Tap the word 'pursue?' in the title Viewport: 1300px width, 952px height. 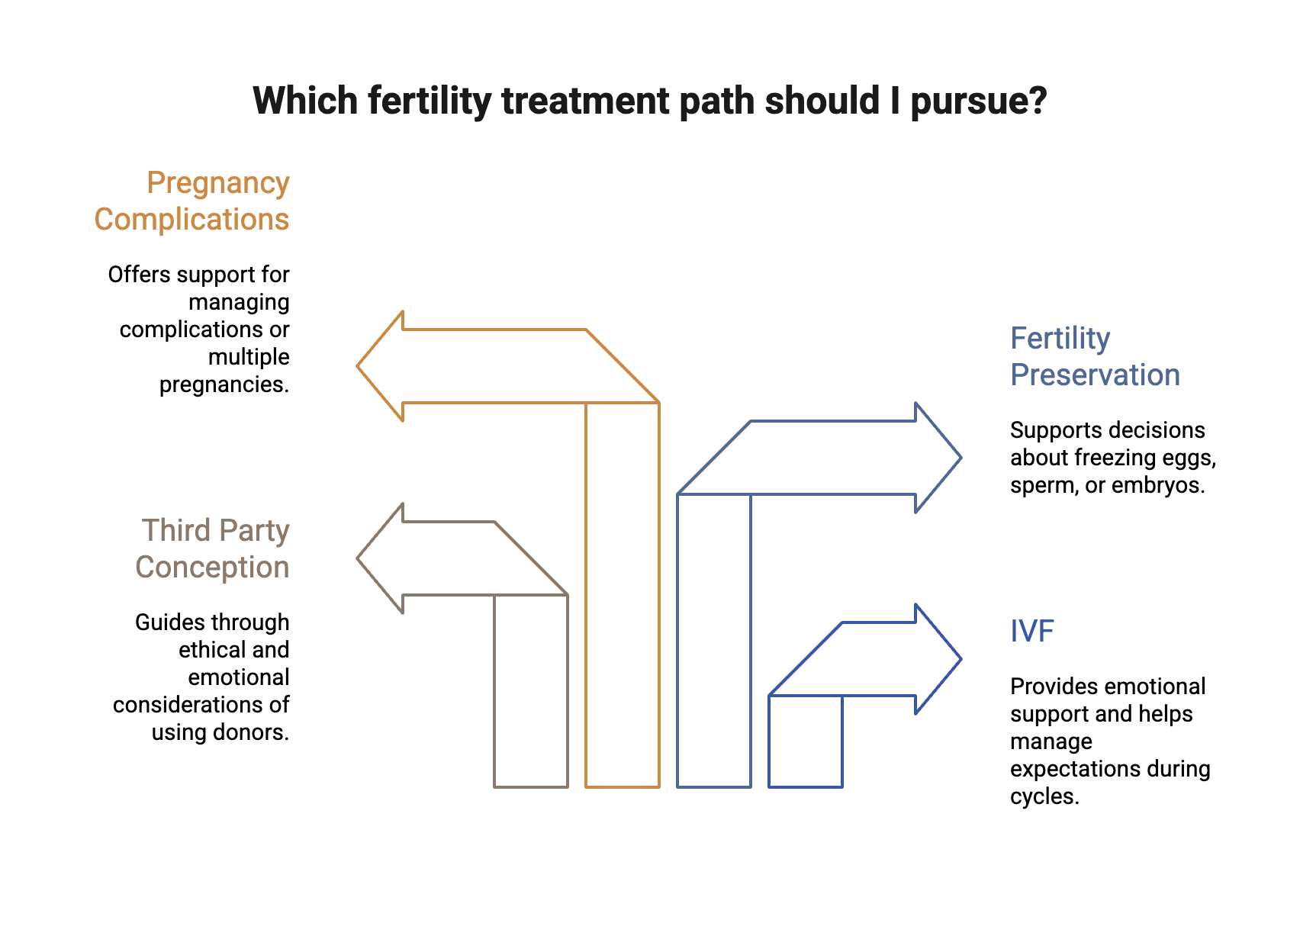(x=979, y=101)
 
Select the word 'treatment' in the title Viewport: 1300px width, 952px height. (x=584, y=101)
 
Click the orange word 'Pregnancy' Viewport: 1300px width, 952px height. (x=218, y=183)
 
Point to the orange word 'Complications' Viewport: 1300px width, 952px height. (x=191, y=220)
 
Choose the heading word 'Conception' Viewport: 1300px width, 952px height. (x=212, y=568)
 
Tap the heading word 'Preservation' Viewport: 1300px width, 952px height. (x=1095, y=375)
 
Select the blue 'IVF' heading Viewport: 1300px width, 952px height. (x=1032, y=632)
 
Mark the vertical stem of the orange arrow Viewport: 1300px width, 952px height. (x=623, y=595)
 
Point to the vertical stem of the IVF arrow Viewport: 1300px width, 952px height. (x=805, y=741)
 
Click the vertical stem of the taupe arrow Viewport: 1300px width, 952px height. (x=531, y=690)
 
